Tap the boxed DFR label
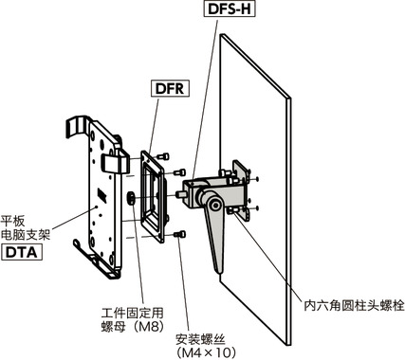[x=164, y=90]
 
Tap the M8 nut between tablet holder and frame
[x=129, y=199]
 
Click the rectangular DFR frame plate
[x=153, y=189]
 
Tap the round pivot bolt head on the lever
[x=217, y=205]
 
